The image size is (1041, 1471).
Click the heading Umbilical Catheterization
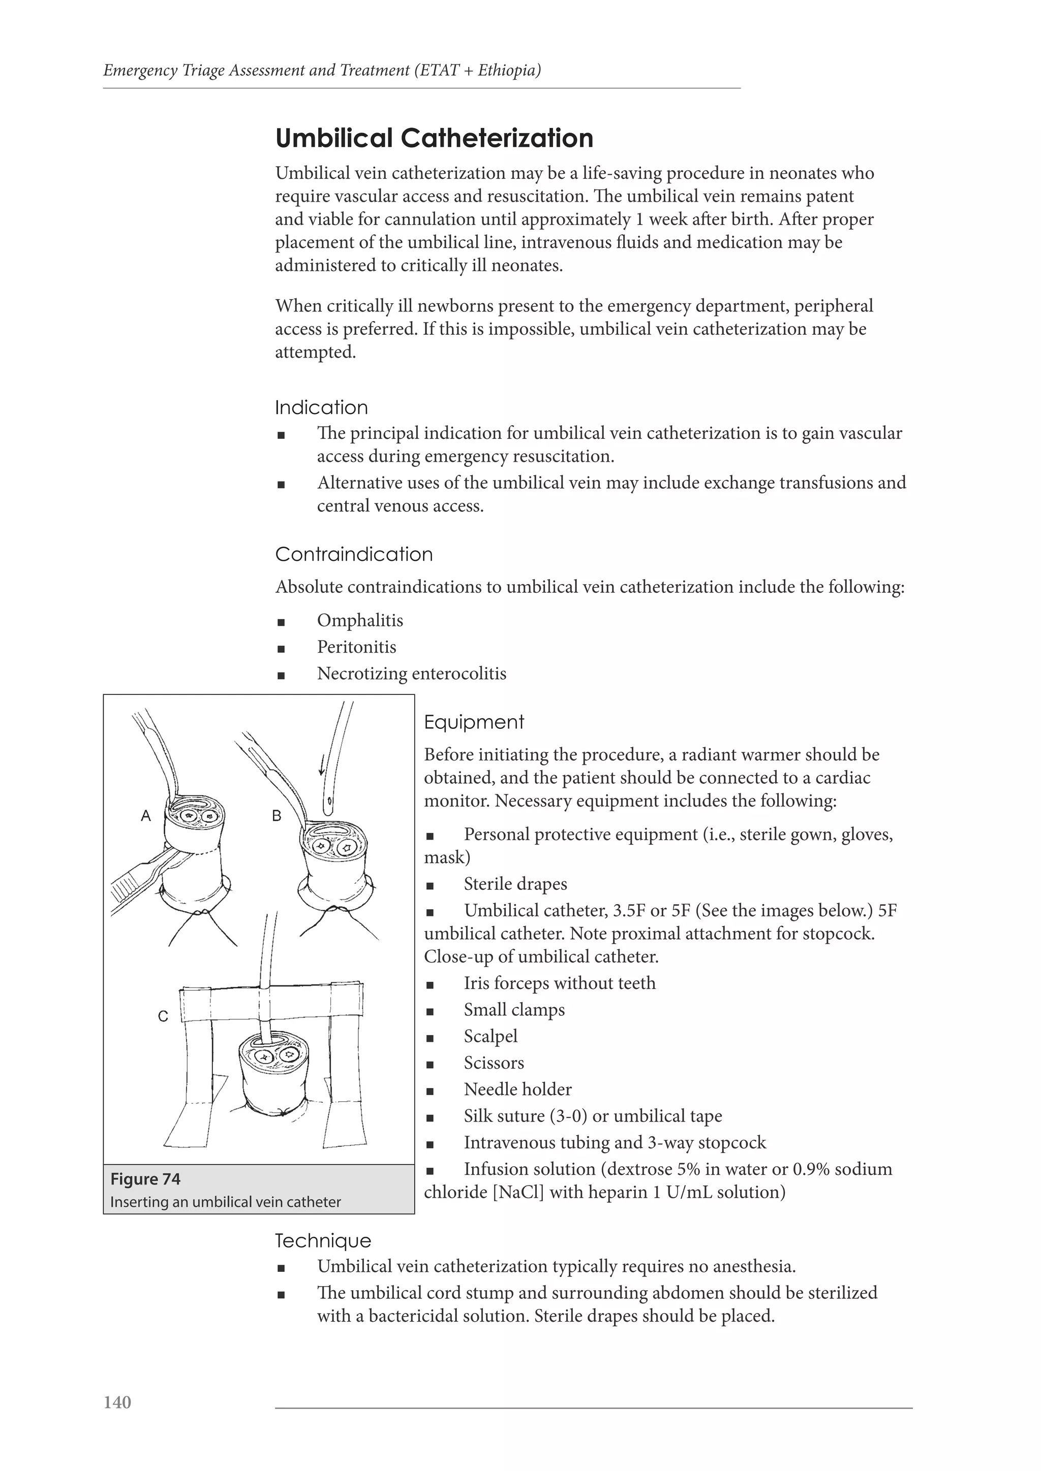434,138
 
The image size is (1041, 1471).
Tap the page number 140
117,1420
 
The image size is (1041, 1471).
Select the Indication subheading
321,407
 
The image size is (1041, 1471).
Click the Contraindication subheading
354,554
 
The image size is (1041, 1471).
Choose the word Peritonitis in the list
356,647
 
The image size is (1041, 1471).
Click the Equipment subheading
474,722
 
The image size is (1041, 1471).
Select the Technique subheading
323,1241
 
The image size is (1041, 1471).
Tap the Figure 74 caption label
145,1179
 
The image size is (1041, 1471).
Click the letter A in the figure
146,816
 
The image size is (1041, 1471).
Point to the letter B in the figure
277,816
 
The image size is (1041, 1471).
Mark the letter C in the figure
163,1016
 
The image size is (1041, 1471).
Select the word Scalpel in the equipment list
491,1036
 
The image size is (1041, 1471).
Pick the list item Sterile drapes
515,884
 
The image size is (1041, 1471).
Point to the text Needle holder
517,1089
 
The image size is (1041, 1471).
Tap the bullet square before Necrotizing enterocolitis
281,675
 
